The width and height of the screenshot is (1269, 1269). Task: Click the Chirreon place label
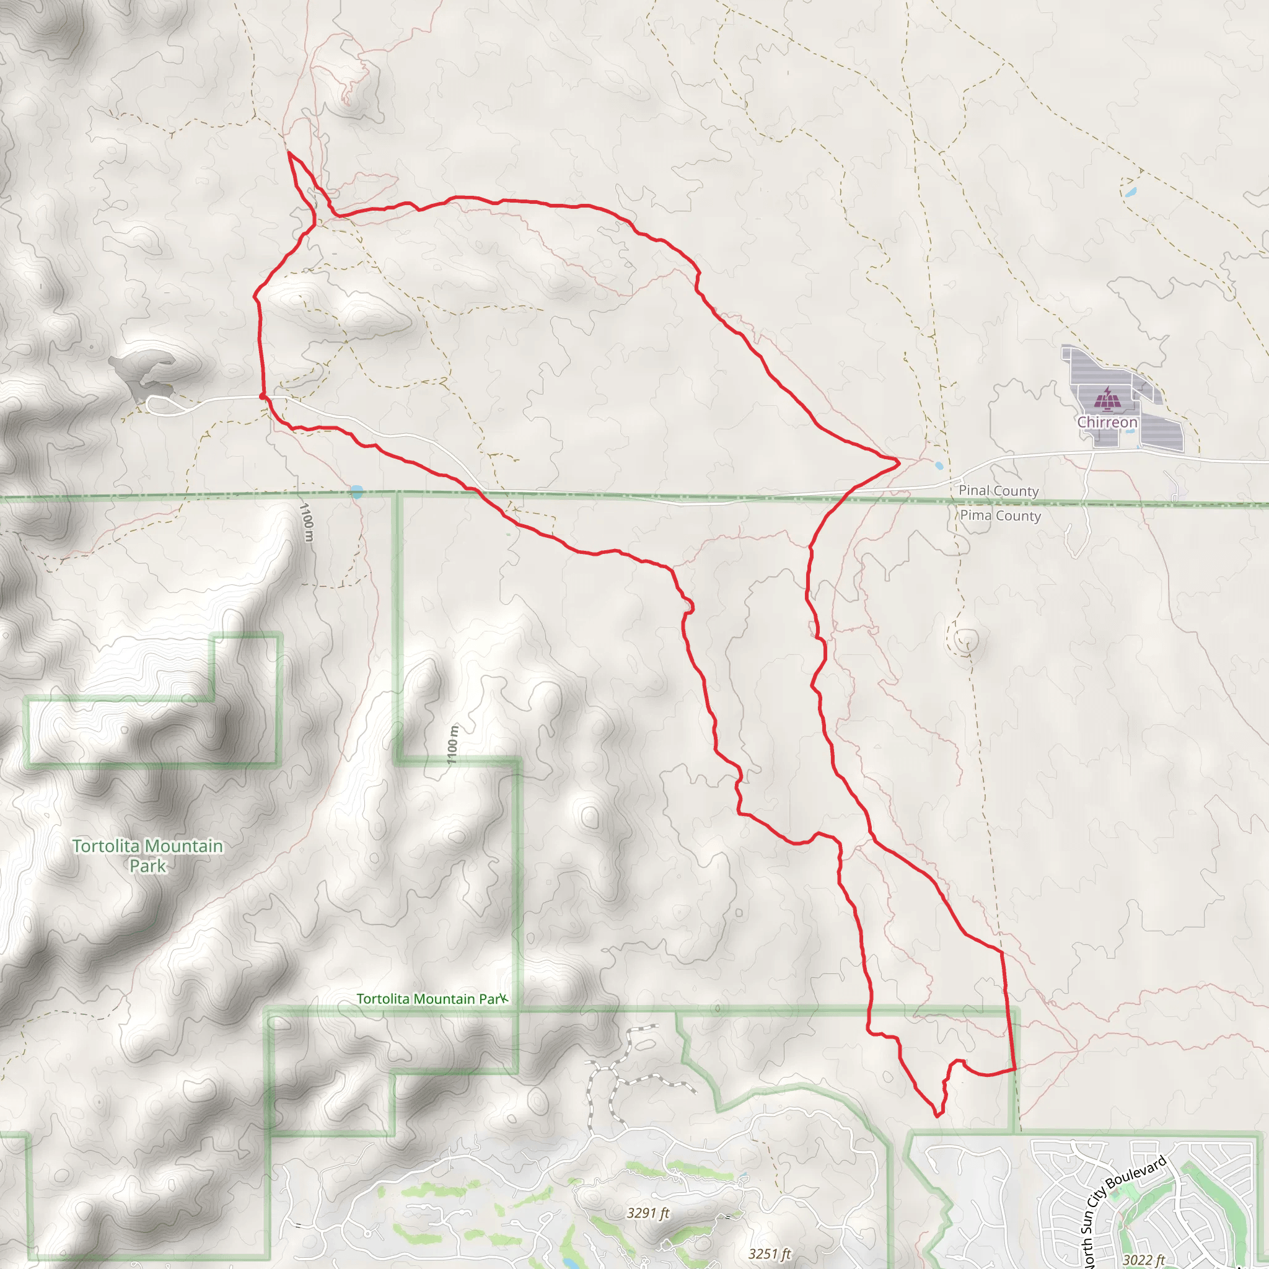pos(1107,423)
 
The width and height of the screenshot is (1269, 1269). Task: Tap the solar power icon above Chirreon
pos(1107,398)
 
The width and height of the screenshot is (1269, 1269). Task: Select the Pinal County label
pos(998,491)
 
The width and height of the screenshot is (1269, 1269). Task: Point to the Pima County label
pos(1000,516)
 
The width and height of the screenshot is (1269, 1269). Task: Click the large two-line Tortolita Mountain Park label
pos(148,856)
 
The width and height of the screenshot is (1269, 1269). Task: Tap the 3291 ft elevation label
pos(648,1213)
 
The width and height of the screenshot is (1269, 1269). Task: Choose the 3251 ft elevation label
pos(770,1254)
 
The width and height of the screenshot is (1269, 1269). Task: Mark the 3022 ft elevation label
pos(1144,1259)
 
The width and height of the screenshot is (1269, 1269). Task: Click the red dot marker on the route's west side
pos(263,396)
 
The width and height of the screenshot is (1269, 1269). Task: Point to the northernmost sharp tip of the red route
pos(289,152)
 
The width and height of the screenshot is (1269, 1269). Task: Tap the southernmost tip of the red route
pos(938,1115)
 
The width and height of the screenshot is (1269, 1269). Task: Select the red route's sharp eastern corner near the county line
pos(898,463)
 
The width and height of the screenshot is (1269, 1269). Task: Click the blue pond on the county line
pos(357,491)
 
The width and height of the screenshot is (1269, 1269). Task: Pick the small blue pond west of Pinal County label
pos(939,466)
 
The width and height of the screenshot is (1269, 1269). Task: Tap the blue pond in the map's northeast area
pos(1130,193)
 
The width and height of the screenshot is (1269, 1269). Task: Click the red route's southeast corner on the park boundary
pos(1015,1069)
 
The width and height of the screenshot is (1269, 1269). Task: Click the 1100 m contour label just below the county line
pos(307,522)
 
